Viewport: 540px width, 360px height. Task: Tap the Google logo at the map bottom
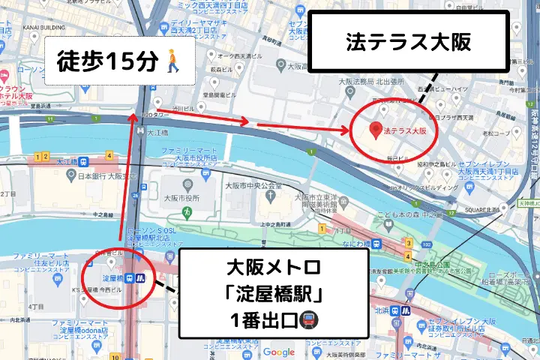[x=278, y=352]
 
